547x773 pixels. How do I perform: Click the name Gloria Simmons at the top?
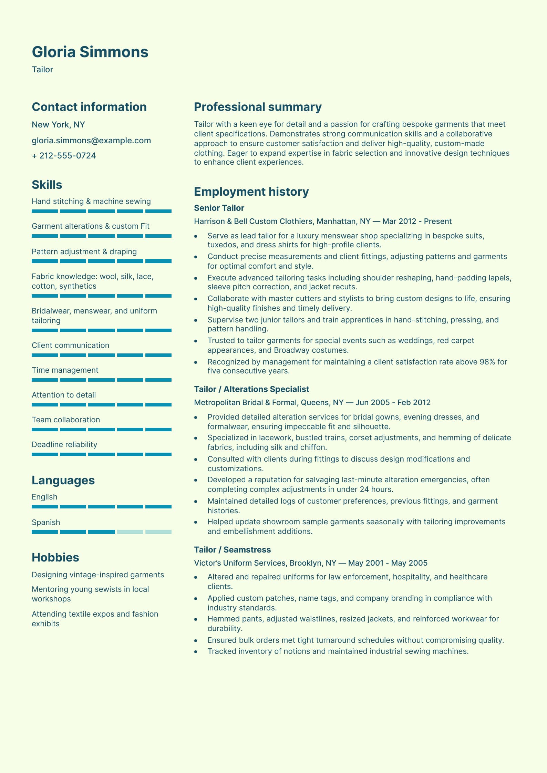coord(90,52)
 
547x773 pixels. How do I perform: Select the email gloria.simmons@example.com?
coord(91,141)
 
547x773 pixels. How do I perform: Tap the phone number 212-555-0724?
coord(68,156)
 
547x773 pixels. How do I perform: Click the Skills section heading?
coord(47,185)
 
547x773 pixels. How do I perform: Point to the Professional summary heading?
coord(258,107)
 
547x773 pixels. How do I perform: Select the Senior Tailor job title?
coord(219,208)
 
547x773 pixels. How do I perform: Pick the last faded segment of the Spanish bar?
coord(158,532)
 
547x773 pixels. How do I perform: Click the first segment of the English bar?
coord(45,507)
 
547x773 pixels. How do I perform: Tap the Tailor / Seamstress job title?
coord(232,550)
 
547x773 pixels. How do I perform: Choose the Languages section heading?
coord(63,481)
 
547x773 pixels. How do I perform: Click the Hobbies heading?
coord(55,558)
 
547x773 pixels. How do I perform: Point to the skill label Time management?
coord(65,370)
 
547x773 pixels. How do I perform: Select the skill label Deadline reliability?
coord(64,445)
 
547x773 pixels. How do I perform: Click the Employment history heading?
coord(251,192)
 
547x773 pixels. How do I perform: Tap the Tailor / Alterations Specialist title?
coord(251,389)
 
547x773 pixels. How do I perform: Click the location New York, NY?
coord(58,125)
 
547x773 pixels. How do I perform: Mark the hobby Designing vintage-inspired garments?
coord(98,575)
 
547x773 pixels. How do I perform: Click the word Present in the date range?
coord(438,221)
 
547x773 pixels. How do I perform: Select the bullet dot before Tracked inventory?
coord(196,651)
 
